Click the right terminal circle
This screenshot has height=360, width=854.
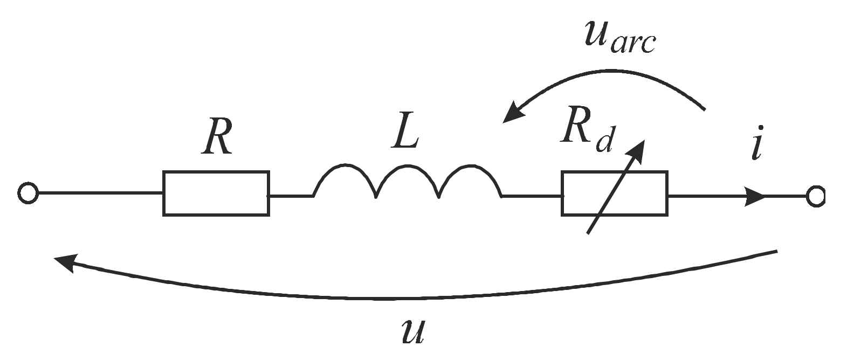pos(815,197)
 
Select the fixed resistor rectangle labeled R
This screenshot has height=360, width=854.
pos(216,193)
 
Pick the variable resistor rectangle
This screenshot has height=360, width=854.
pos(615,193)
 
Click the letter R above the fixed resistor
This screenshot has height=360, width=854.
pos(217,139)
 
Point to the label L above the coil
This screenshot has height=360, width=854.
pos(405,133)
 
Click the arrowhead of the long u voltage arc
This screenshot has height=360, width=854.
pos(65,262)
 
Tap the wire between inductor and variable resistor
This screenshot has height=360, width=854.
pos(531,197)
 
